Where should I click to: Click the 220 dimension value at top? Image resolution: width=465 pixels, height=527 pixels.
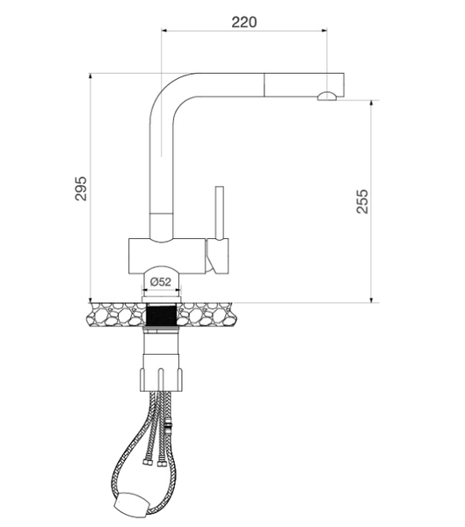click(x=243, y=22)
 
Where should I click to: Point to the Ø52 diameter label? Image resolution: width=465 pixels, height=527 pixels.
click(x=160, y=282)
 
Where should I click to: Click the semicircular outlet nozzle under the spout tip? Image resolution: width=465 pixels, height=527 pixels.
click(x=326, y=96)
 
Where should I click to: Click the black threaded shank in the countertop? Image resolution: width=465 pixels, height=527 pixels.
click(x=160, y=317)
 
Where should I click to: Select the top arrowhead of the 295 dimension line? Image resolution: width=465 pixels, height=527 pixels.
click(x=91, y=77)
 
